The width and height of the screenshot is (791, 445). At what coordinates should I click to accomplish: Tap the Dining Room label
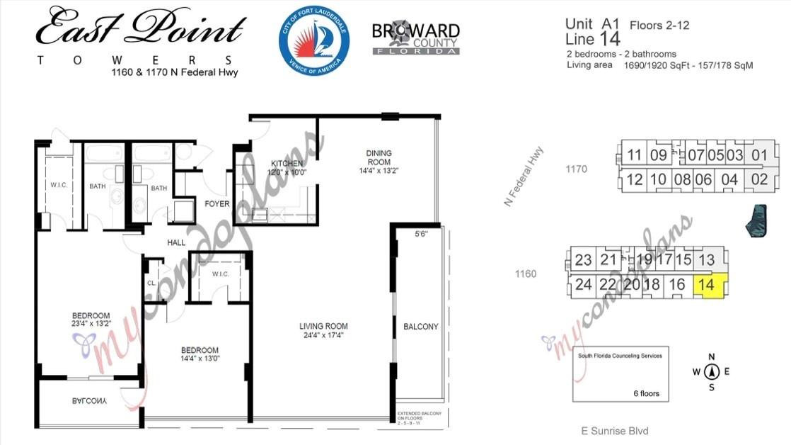coord(379,153)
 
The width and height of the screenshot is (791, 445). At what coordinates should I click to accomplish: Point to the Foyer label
coord(217,204)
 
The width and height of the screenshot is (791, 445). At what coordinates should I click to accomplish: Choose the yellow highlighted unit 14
coord(707,285)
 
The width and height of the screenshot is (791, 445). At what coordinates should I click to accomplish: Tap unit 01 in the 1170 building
coord(759,155)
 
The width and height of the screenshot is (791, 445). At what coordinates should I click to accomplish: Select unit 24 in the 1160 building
coord(583,285)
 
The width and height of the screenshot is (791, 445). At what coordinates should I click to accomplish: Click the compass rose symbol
coord(712,371)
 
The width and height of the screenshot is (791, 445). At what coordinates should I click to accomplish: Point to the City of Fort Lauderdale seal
coord(313,41)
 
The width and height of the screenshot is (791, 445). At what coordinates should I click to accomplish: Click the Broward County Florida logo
coord(415,38)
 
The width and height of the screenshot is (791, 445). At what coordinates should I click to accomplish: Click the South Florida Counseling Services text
coord(620,356)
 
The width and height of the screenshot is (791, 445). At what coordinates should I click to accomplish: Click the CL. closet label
coord(151,283)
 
